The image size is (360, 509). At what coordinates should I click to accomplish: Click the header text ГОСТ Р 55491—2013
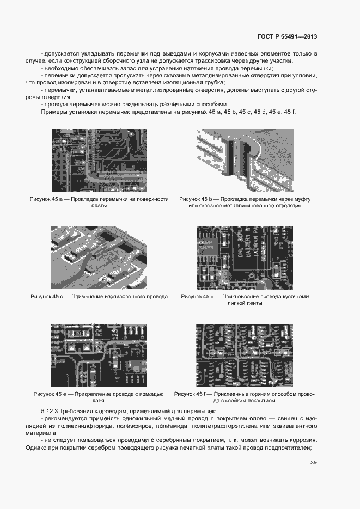(287, 37)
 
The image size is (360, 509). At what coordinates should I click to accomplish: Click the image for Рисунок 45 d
(245, 257)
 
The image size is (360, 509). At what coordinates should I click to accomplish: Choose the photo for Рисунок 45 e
(99, 355)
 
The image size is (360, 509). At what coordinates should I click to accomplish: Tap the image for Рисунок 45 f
(245, 355)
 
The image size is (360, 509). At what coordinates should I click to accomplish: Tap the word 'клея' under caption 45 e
(99, 401)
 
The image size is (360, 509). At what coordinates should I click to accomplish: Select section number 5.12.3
(51, 410)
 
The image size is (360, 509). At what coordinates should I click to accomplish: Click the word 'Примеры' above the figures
(53, 112)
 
